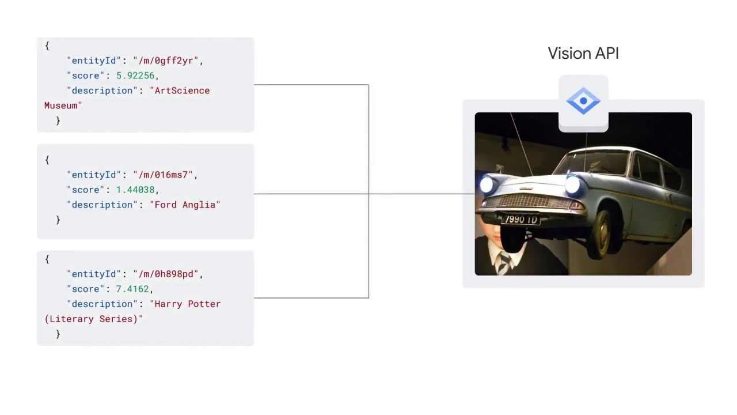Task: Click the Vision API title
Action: [583, 54]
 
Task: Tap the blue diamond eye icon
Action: [583, 101]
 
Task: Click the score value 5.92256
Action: [135, 76]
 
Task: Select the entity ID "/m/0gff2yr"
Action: [166, 61]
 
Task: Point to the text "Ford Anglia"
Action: [185, 205]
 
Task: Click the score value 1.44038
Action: [135, 190]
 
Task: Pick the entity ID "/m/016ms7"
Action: [163, 175]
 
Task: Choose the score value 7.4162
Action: [132, 289]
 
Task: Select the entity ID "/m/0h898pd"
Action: [166, 274]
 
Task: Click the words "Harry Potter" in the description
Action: [188, 304]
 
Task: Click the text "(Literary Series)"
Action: [91, 319]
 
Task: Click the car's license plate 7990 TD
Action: [521, 220]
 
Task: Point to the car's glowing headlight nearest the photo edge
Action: [487, 184]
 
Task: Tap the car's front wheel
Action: [603, 234]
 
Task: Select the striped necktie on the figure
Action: [503, 262]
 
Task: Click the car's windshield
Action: [592, 163]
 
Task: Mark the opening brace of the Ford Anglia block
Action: [47, 160]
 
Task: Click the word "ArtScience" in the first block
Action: [182, 90]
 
